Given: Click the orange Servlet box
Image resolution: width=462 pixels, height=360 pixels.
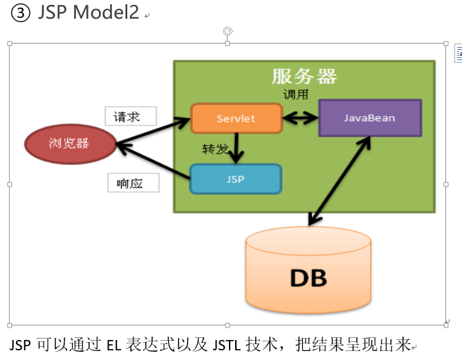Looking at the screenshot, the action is point(237,118).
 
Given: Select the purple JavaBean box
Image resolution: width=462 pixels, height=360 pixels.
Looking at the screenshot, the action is point(371,118).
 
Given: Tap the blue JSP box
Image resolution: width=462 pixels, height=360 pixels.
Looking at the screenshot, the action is point(236,179).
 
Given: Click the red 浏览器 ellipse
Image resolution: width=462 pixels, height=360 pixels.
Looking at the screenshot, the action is point(71,144).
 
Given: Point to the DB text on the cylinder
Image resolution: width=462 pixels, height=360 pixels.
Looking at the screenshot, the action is point(308,278).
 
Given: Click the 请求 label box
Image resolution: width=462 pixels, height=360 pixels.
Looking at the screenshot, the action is point(131,116).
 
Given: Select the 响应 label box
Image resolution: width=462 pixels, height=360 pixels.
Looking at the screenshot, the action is point(133,183).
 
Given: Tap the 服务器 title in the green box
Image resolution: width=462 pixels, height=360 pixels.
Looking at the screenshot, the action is point(304,77).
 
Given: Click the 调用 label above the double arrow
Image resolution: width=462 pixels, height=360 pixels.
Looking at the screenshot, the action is point(295,95).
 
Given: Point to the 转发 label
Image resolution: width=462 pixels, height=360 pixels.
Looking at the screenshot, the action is point(215,149).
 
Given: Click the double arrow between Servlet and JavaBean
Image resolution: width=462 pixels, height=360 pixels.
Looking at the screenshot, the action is point(301,118).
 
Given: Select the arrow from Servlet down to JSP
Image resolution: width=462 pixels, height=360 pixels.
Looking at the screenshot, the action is point(236,149).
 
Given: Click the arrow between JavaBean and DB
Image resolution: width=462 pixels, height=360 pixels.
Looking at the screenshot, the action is point(339,181).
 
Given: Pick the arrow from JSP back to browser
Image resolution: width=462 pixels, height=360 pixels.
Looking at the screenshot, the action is point(154,161).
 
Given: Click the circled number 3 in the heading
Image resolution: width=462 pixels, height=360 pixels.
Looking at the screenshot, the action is point(20,13).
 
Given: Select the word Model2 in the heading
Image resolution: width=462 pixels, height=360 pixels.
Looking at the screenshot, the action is point(106,12).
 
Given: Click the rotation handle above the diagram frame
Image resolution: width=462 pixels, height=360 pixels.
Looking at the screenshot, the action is point(228,31).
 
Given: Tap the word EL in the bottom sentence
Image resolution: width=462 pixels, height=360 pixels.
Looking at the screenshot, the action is point(113,345).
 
